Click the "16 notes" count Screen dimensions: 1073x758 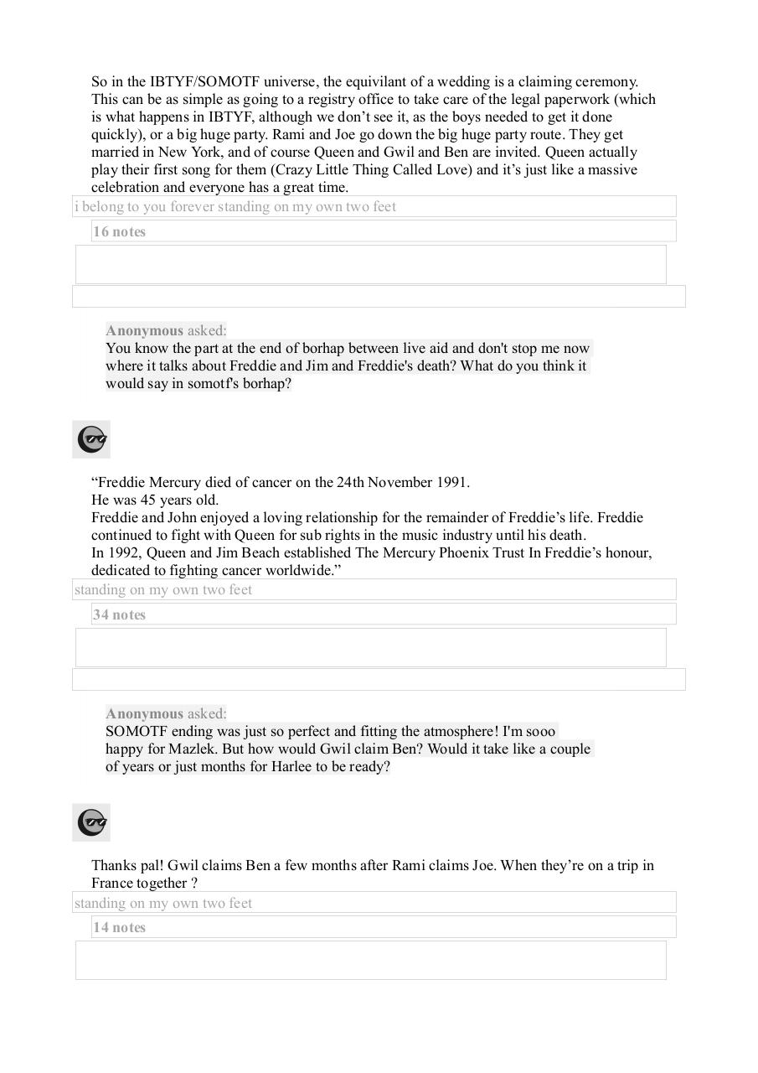119,232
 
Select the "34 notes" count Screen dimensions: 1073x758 119,615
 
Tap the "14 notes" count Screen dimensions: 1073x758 119,928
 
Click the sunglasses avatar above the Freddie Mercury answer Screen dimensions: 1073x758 91,439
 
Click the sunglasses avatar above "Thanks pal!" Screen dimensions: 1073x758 91,822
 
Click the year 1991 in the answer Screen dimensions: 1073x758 452,483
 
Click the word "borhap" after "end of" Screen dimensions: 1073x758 318,349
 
